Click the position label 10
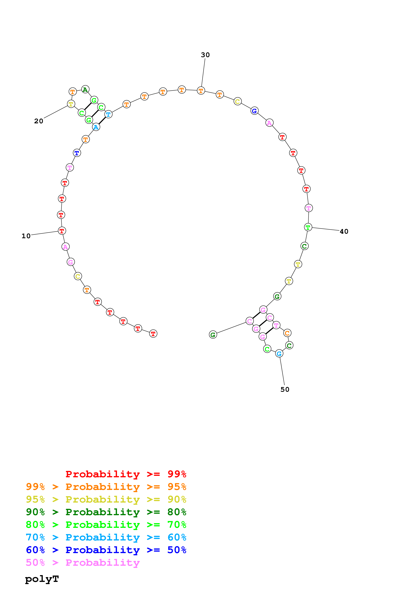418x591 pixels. (26, 236)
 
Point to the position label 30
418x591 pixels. (205, 55)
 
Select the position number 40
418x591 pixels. (344, 231)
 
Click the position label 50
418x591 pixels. (285, 390)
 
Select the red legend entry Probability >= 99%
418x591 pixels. (126, 474)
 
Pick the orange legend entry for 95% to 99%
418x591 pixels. (106, 487)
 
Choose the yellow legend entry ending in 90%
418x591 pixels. (106, 499)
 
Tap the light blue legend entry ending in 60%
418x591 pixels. (106, 537)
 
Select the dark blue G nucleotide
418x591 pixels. (254, 111)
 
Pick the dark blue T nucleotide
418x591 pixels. (77, 153)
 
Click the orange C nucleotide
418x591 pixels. (287, 333)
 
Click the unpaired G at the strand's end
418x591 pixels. (213, 335)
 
